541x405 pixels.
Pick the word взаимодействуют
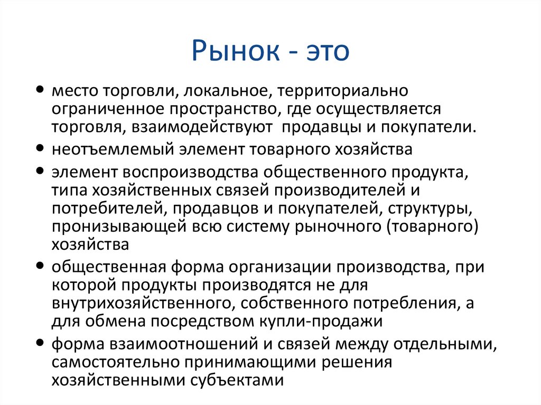(x=213, y=127)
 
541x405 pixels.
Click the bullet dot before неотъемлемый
(x=41, y=148)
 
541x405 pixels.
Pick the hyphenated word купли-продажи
(x=323, y=321)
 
